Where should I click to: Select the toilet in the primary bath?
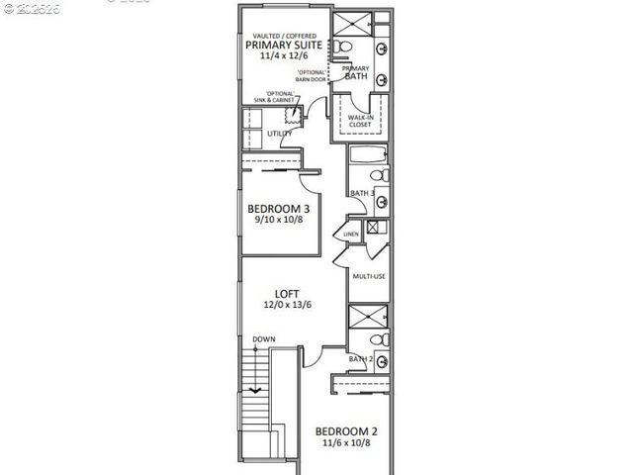click(337, 47)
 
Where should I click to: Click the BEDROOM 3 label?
click(279, 209)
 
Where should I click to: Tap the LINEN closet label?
click(350, 235)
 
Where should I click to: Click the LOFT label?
click(288, 294)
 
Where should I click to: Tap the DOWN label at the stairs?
click(263, 339)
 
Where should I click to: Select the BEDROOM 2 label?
click(346, 431)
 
